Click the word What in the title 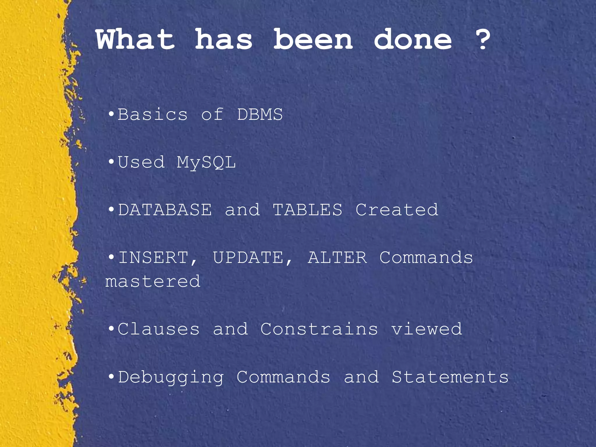pyautogui.click(x=135, y=40)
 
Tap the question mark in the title pyautogui.click(x=483, y=40)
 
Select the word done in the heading pyautogui.click(x=413, y=40)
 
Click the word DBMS pyautogui.click(x=260, y=114)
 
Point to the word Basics pyautogui.click(x=152, y=114)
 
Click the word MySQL pyautogui.click(x=206, y=163)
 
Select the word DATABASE pyautogui.click(x=165, y=210)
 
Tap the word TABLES pyautogui.click(x=307, y=210)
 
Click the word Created pyautogui.click(x=397, y=210)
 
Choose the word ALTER pyautogui.click(x=337, y=258)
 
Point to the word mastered pyautogui.click(x=153, y=281)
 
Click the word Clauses pyautogui.click(x=159, y=329)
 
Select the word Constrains pyautogui.click(x=319, y=329)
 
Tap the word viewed pyautogui.click(x=426, y=329)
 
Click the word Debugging pyautogui.click(x=171, y=377)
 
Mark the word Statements pyautogui.click(x=450, y=377)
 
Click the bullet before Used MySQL pyautogui.click(x=111, y=162)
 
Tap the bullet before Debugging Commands pyautogui.click(x=111, y=377)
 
